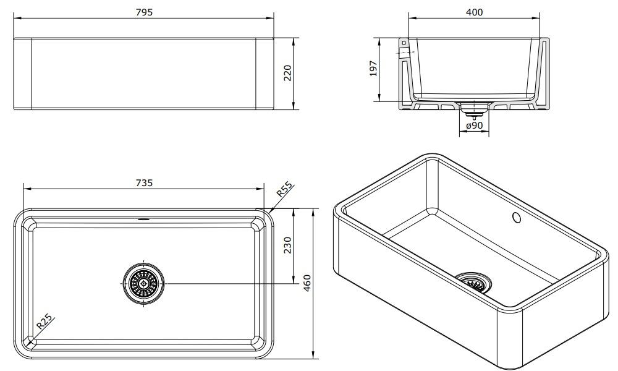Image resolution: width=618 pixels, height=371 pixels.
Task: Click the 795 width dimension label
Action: click(144, 12)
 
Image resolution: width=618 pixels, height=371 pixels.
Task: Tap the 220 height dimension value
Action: click(287, 74)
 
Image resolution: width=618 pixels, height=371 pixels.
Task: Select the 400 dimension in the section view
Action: click(474, 12)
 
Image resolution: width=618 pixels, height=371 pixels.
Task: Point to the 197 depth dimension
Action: click(373, 69)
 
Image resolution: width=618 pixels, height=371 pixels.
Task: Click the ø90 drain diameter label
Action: click(474, 126)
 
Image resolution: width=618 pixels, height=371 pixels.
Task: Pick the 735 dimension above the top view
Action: click(144, 183)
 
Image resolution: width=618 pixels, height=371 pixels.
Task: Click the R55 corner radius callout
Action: click(284, 189)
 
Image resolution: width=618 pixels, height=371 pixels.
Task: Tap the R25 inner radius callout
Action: click(44, 322)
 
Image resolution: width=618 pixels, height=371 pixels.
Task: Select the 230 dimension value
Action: click(287, 245)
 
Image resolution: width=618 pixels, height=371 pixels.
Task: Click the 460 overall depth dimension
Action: click(307, 283)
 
